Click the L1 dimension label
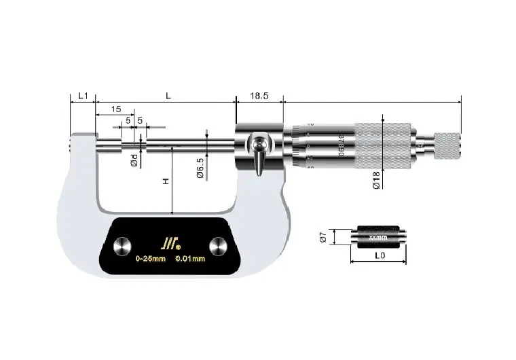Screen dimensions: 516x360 [83, 96]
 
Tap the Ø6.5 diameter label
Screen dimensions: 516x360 [200, 166]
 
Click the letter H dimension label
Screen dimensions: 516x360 [165, 181]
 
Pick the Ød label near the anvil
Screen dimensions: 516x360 [134, 161]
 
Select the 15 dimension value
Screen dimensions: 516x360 [115, 109]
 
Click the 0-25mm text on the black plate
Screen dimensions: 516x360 [150, 259]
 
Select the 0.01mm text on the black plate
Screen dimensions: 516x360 [191, 259]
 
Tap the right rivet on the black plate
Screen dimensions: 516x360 [219, 246]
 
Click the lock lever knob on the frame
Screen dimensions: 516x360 [259, 145]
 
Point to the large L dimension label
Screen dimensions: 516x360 [168, 96]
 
